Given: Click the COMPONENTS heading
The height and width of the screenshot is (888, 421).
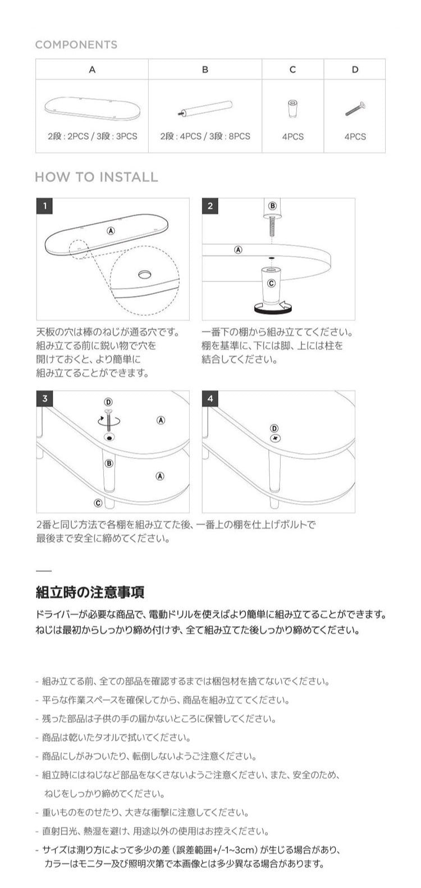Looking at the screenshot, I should coord(76,45).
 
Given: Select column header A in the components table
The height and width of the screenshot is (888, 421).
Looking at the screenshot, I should coord(92,70).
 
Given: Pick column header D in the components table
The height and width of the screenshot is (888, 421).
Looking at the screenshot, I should coord(355,70).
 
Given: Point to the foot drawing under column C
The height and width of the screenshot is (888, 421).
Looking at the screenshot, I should coord(292,109).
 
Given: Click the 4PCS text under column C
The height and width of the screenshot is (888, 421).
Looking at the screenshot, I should coord(292,136).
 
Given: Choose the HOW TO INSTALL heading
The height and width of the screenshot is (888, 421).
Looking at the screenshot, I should coord(97,177).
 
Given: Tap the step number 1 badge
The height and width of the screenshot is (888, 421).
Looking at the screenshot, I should coord(44,206).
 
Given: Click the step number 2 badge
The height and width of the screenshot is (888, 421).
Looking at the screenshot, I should coord(210,206).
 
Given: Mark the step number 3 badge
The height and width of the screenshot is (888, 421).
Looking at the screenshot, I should coord(44,399).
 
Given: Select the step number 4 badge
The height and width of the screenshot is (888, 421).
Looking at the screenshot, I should coord(210,399).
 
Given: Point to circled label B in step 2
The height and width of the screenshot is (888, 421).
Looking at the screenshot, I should coord(273,206).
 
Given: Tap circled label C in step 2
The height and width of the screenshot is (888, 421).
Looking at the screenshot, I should coord(272,283).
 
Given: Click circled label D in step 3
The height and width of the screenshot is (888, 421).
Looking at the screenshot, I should coord(108,402).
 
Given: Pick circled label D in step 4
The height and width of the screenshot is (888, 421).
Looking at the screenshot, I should coord(274,428).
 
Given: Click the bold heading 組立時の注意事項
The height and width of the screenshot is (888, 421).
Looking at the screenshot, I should coord(90,592).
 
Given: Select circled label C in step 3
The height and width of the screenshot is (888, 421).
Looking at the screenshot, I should coord(98,503).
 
